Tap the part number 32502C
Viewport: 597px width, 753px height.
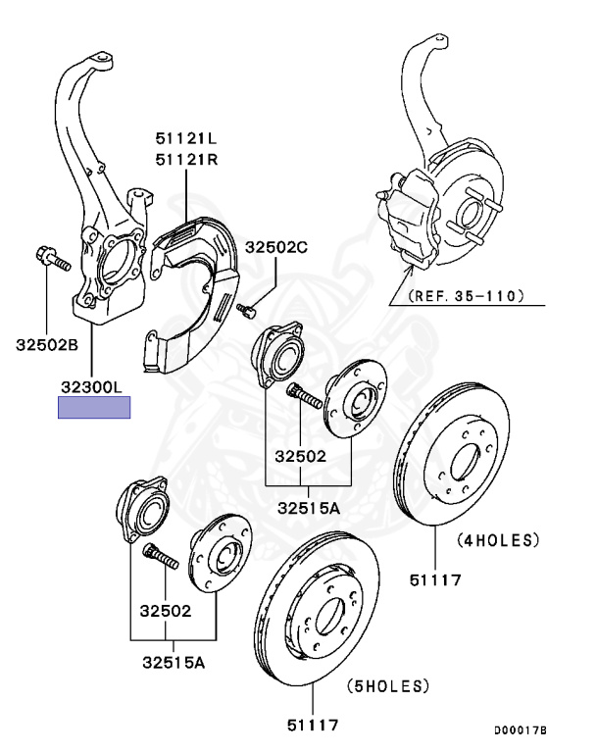tap(276, 248)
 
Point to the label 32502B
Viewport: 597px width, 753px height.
tap(46, 344)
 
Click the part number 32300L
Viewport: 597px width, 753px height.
tap(93, 388)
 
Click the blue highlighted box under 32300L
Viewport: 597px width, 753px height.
tap(94, 407)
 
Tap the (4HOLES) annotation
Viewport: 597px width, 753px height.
tap(499, 540)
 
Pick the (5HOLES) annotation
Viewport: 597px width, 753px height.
tap(389, 685)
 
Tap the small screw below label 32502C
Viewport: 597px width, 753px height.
tap(247, 311)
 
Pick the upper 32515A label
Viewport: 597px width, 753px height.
tap(308, 507)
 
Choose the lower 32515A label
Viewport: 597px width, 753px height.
tap(173, 663)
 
